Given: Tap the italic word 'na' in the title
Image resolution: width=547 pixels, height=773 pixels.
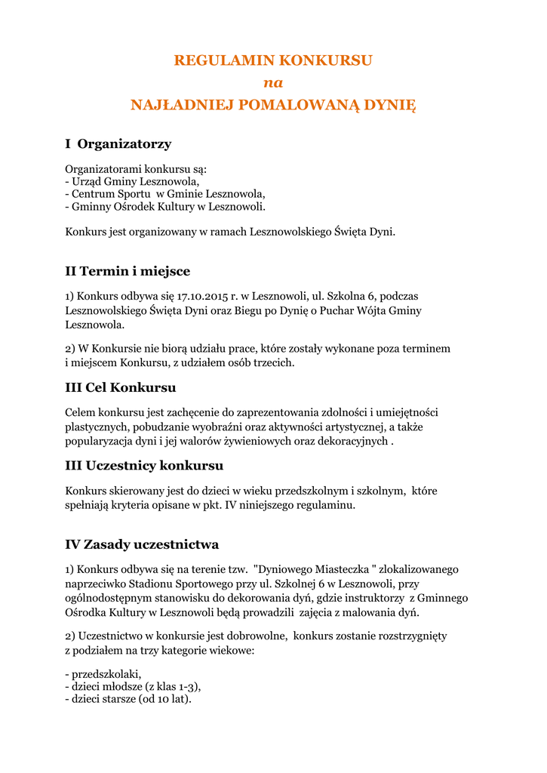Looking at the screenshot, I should [x=272, y=82].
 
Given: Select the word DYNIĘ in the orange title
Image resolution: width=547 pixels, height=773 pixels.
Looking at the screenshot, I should [x=390, y=105].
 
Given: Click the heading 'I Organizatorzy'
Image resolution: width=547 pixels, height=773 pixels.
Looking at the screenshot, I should [x=118, y=143].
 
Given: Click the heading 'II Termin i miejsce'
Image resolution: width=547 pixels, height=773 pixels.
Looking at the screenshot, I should [x=128, y=271].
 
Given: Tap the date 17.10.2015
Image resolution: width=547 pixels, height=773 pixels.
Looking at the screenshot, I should [x=209, y=296].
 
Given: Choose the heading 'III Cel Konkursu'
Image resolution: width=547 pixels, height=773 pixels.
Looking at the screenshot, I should [x=121, y=387].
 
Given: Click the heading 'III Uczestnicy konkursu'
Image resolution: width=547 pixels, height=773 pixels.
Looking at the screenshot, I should [x=144, y=466].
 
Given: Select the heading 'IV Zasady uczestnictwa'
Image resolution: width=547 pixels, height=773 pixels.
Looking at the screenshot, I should [x=142, y=544].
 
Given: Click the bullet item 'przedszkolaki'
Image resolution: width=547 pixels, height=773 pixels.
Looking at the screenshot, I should [x=106, y=673].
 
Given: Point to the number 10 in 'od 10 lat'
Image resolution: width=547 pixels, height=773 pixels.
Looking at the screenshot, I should [x=162, y=699].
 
